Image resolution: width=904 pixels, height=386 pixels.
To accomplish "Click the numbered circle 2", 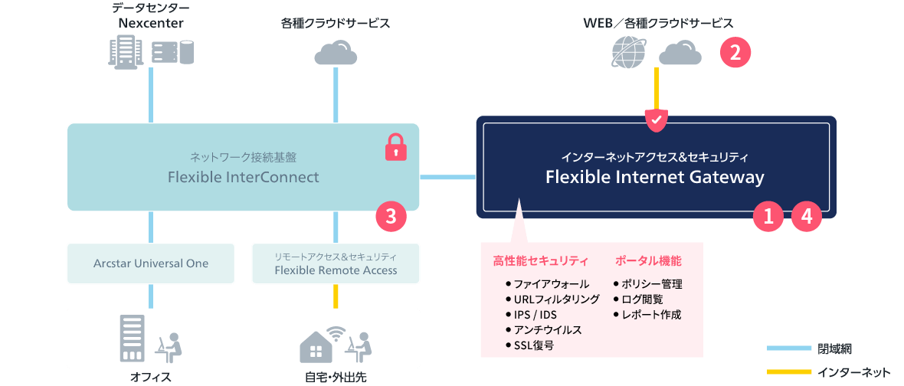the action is pos(735,53).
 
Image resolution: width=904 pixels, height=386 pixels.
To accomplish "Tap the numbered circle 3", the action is pos(391,216).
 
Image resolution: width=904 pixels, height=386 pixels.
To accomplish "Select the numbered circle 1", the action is pos(768,217).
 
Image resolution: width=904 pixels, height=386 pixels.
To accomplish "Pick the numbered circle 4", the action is pos(805,217).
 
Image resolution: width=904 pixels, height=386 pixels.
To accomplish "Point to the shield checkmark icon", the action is pos(656,119).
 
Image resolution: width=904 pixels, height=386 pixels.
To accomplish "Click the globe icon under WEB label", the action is pos(631,52).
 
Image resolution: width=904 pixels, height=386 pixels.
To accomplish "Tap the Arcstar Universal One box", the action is pos(151,263).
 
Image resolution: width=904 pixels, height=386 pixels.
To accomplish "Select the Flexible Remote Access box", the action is pos(336,263).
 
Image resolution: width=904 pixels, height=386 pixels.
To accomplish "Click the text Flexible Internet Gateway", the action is pos(655,178).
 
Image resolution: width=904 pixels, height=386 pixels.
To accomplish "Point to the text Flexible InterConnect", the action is pos(244,177).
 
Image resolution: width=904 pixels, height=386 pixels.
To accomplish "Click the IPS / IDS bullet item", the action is pos(531,315).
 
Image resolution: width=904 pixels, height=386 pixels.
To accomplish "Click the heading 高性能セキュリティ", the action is pos(541,261).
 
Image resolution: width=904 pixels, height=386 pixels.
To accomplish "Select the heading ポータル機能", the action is pos(649,260).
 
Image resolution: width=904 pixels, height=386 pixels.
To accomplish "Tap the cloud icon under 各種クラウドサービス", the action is pos(336,52).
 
